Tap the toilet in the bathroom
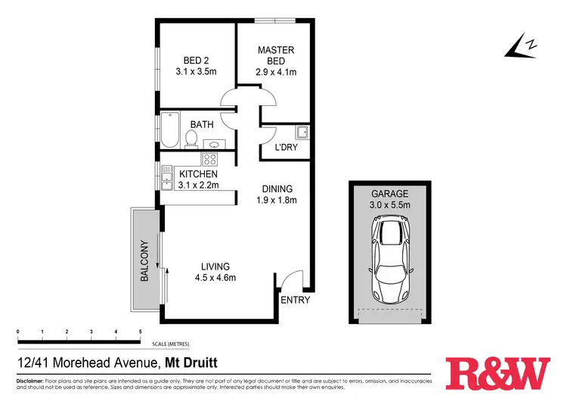(191, 139)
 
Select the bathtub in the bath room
(169, 130)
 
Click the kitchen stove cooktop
(209, 160)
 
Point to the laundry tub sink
(302, 132)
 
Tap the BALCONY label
(144, 261)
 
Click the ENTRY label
(296, 301)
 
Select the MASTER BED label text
(276, 55)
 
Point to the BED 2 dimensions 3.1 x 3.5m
(196, 73)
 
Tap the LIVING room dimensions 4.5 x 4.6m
(215, 277)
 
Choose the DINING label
(277, 189)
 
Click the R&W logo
(499, 372)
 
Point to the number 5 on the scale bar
(141, 332)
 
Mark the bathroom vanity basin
(212, 143)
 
